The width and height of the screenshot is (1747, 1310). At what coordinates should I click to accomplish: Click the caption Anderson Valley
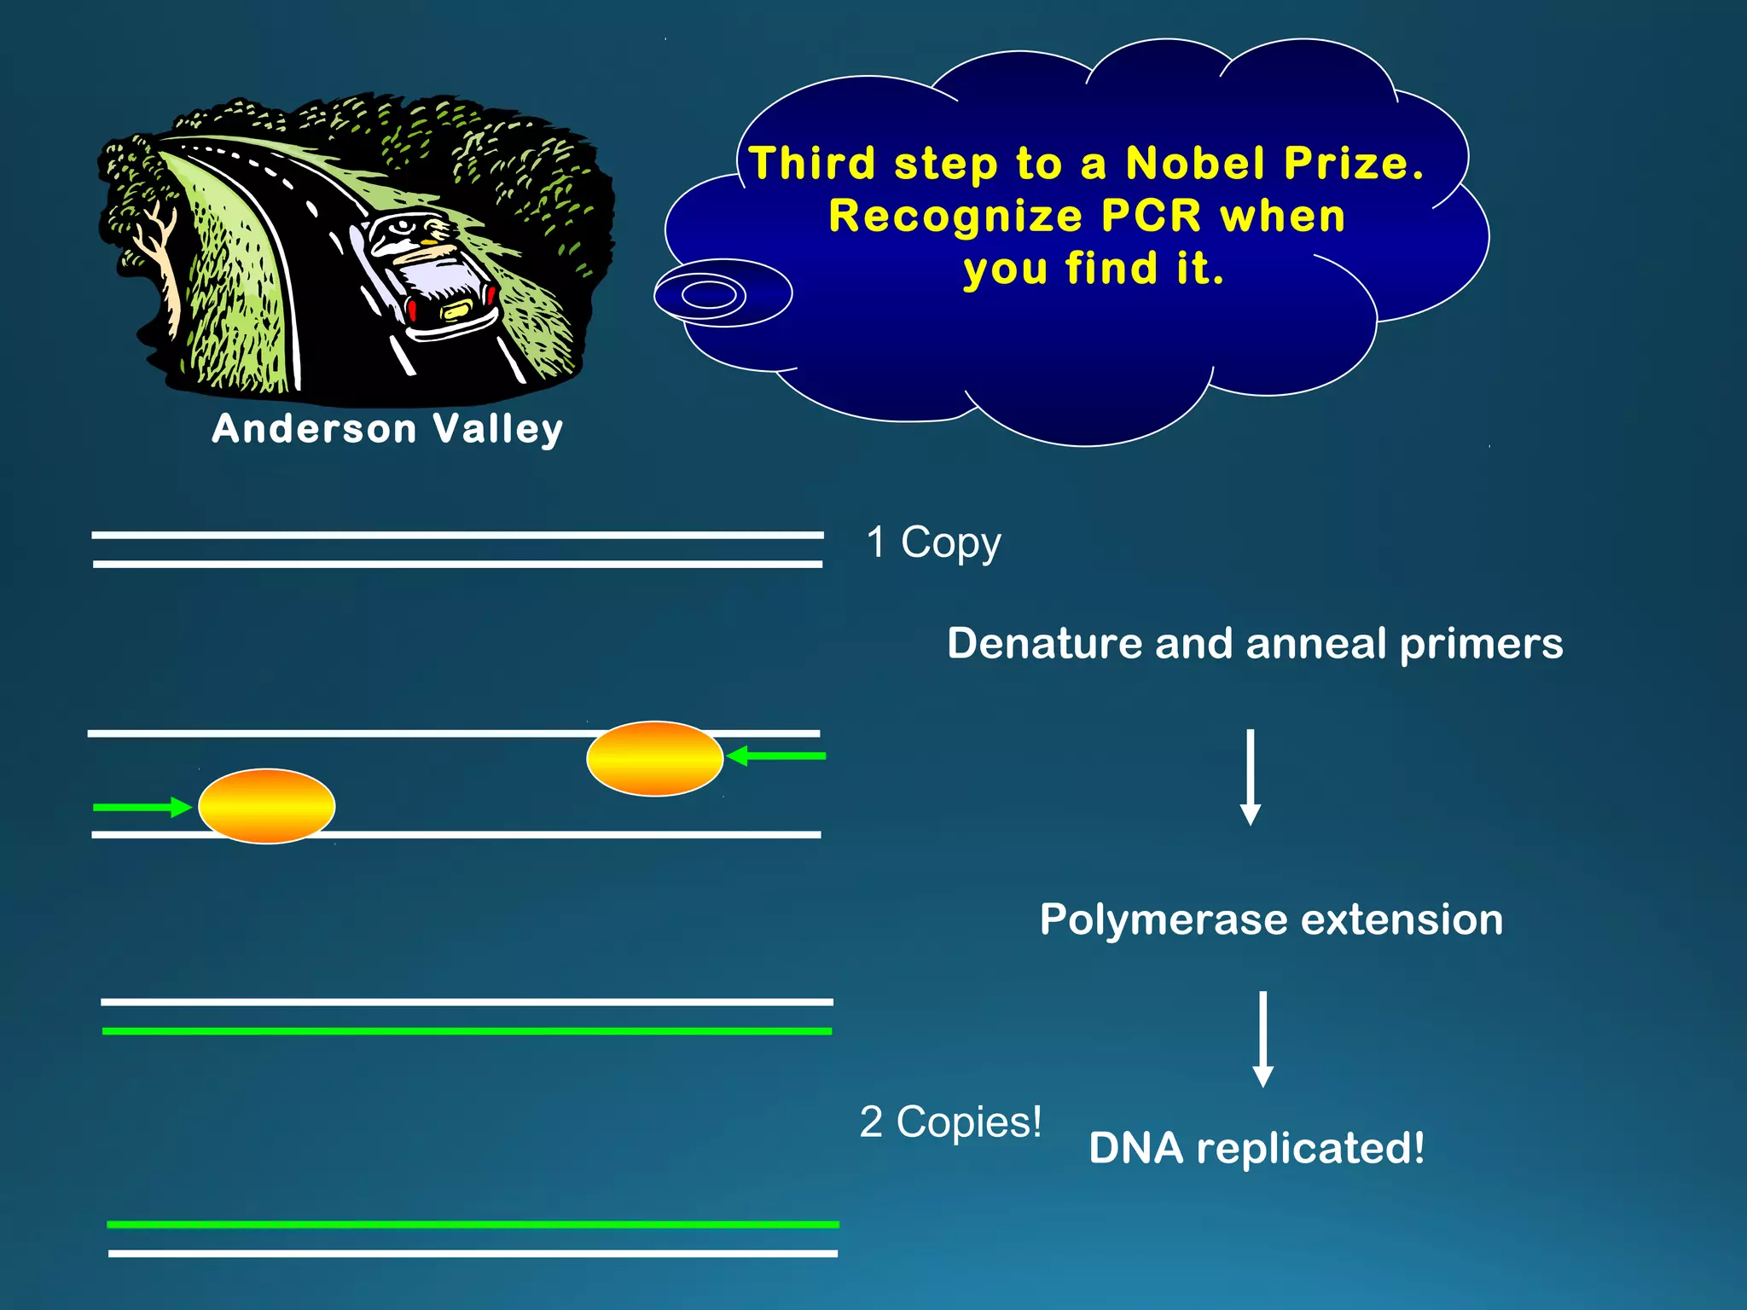(x=387, y=429)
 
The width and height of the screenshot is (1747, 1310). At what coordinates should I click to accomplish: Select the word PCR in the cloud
(x=1151, y=216)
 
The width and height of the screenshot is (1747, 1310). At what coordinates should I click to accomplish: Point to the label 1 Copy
(x=933, y=542)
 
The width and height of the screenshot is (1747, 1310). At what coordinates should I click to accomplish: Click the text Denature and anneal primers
(x=1254, y=643)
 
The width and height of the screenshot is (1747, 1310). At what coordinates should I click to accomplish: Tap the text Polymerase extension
(x=1271, y=919)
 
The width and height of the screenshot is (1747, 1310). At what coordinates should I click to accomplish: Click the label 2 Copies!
(x=950, y=1122)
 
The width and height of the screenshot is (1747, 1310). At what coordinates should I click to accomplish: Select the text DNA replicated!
(x=1256, y=1148)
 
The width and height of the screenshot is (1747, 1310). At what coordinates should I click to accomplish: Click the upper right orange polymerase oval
(x=654, y=758)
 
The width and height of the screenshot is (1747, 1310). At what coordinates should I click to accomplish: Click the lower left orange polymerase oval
(x=266, y=806)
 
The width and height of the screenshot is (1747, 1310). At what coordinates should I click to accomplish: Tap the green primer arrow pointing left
(x=776, y=756)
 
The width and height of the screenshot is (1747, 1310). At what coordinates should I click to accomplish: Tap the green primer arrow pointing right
(x=142, y=807)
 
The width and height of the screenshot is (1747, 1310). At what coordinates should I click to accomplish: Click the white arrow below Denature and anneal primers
(x=1251, y=776)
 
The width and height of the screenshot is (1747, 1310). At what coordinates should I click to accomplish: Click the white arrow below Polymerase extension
(x=1263, y=1038)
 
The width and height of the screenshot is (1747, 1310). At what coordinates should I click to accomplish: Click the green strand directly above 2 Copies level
(x=467, y=1031)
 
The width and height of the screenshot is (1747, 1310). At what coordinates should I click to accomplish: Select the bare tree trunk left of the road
(x=161, y=256)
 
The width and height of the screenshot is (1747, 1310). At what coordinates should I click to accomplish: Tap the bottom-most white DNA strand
(x=473, y=1253)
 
